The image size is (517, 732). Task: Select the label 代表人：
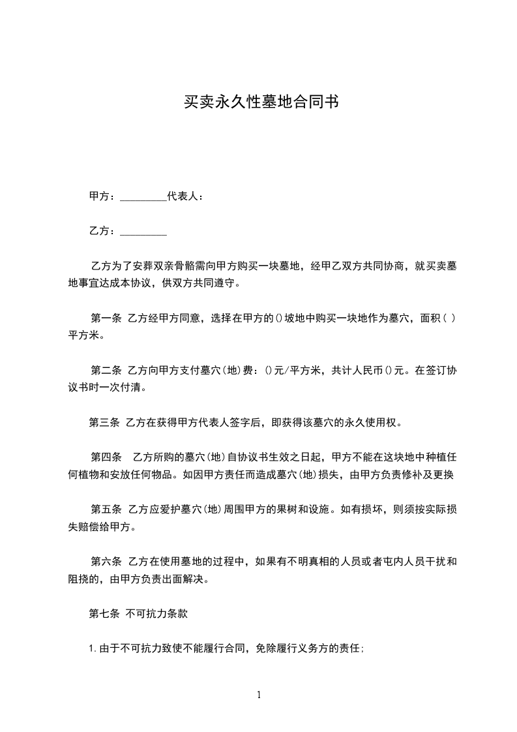tap(186, 196)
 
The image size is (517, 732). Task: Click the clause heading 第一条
tap(105, 319)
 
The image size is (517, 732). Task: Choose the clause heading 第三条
tap(104, 422)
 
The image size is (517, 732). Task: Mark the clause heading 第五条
tap(105, 509)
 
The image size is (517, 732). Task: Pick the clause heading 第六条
tap(105, 561)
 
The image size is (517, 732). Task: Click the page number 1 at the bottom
tap(259, 695)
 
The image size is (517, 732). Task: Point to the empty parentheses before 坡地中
tap(278, 319)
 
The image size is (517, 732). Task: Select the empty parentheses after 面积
tap(444, 319)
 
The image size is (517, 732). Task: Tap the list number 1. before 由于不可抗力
tap(93, 648)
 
